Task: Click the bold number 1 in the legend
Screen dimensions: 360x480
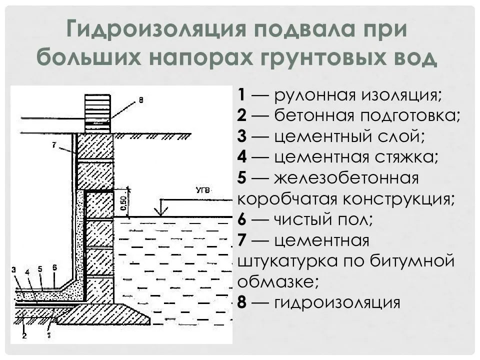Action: pyautogui.click(x=241, y=95)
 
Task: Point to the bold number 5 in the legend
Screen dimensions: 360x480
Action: pyautogui.click(x=242, y=178)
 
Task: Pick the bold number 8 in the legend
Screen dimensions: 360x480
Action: pyautogui.click(x=242, y=303)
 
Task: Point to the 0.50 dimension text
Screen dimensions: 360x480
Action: pyautogui.click(x=123, y=202)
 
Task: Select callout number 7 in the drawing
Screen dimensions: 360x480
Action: pyautogui.click(x=53, y=145)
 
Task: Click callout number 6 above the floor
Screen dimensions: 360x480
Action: pyautogui.click(x=54, y=267)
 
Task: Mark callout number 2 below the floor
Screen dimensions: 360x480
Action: pyautogui.click(x=24, y=335)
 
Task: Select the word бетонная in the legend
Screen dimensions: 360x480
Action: pyautogui.click(x=310, y=115)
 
